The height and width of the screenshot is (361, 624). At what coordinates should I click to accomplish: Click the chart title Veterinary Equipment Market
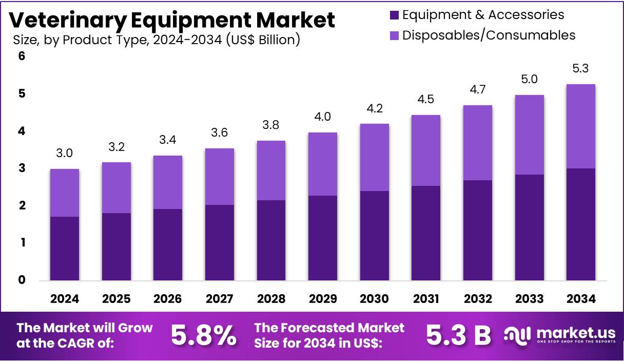coord(172,20)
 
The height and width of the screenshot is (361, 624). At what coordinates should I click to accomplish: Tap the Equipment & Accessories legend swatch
coord(394,15)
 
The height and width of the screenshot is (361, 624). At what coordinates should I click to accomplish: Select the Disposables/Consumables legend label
coord(489,35)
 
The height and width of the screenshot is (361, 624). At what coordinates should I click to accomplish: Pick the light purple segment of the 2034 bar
coord(580,126)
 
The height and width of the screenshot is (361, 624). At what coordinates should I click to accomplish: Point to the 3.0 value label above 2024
coord(65,153)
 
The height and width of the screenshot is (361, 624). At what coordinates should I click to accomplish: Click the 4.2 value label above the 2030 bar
coord(374,108)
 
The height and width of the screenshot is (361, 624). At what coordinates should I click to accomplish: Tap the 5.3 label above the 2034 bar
coord(580,68)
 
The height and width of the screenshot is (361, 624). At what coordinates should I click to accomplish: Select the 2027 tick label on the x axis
coord(219,299)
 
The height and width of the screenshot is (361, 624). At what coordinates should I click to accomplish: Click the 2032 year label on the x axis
coord(477,299)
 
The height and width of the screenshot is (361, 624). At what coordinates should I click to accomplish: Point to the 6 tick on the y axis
coord(22,56)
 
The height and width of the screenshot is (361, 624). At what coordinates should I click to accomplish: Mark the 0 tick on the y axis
coord(22,280)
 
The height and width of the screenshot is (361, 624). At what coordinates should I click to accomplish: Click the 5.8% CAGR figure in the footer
coord(204,335)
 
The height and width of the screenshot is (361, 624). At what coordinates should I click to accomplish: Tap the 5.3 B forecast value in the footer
coord(458,335)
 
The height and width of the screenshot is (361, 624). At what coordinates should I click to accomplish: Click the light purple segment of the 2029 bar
coord(323,164)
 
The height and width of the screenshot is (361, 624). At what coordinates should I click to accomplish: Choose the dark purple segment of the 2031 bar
coord(426,233)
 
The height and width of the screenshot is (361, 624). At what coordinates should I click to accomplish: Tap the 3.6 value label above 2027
coord(219,133)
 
